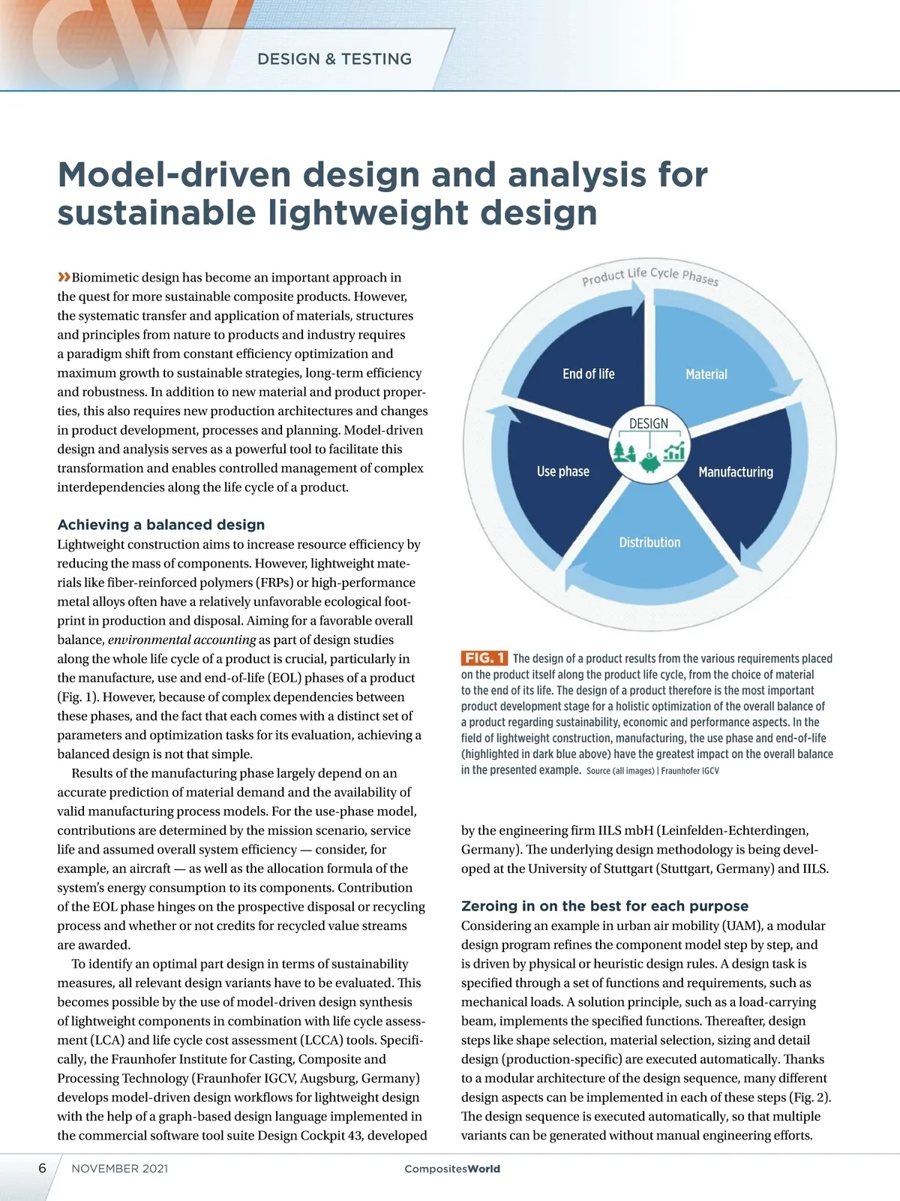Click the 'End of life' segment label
point(588,374)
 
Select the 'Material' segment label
point(706,374)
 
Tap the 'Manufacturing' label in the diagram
point(735,472)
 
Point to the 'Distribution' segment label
point(649,542)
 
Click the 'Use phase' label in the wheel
point(562,471)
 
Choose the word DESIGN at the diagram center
point(649,424)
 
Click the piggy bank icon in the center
point(649,462)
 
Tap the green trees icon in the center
point(624,450)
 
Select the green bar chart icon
point(674,450)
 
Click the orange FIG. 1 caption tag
point(484,658)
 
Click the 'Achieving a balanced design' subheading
point(161,525)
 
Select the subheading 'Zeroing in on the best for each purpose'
point(604,906)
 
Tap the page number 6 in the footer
point(42,1168)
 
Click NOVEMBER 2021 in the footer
point(120,1169)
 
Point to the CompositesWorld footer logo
point(451,1169)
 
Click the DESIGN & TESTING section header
point(334,59)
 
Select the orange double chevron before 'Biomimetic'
point(64,277)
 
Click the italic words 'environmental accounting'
point(182,640)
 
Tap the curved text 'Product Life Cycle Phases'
point(650,275)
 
